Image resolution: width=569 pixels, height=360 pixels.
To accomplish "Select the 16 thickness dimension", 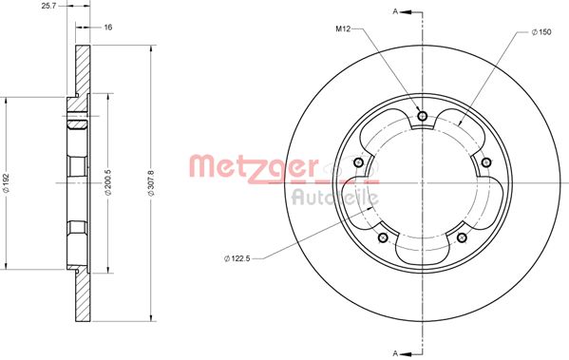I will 107,28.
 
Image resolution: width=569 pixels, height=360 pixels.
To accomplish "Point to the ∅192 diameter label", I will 8,181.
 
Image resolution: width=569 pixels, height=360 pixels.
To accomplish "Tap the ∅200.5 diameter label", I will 112,181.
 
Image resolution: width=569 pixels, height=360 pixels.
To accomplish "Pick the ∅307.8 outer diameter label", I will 153,181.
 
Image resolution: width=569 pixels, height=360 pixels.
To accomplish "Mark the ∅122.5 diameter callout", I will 239,258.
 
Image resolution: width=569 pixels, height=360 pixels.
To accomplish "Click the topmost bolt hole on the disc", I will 422,116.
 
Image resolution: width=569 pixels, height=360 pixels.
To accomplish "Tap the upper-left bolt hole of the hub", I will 359,161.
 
